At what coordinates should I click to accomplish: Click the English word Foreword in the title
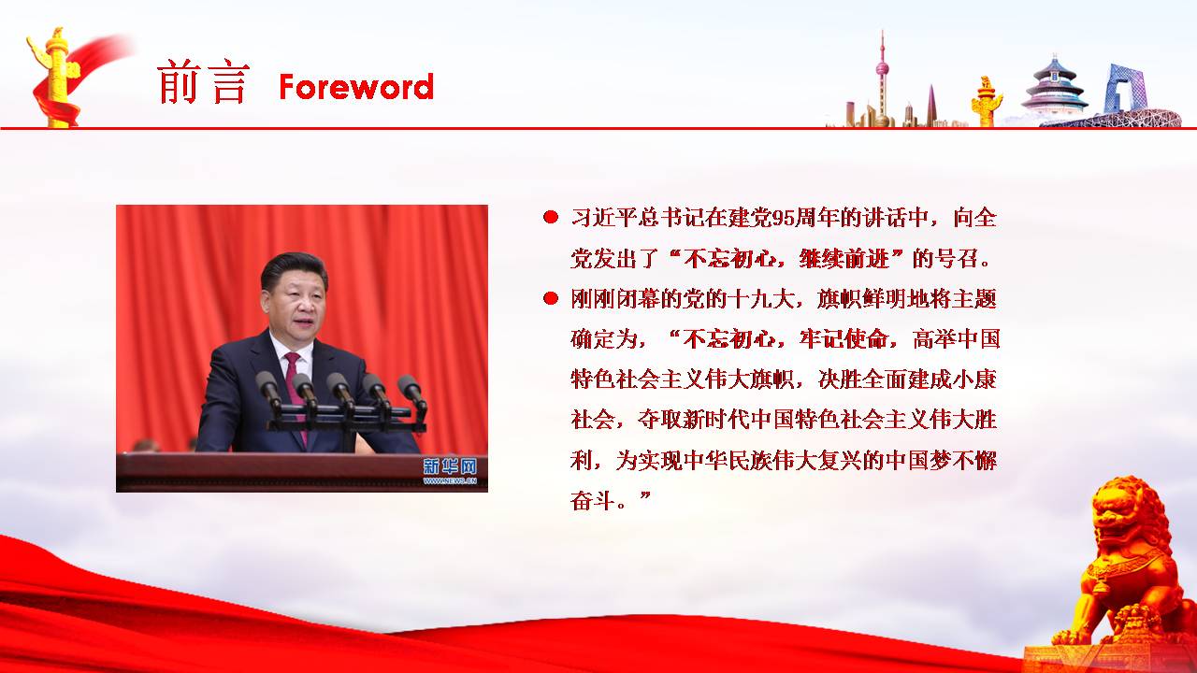[356, 87]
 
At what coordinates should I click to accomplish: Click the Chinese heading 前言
[203, 81]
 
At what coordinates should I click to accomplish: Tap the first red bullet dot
[551, 217]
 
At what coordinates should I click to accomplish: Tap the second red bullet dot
[551, 298]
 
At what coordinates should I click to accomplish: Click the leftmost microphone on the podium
[268, 389]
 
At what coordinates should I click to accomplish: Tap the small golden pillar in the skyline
[986, 102]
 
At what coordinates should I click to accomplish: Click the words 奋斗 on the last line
[593, 501]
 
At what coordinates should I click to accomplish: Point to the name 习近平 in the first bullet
[604, 218]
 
